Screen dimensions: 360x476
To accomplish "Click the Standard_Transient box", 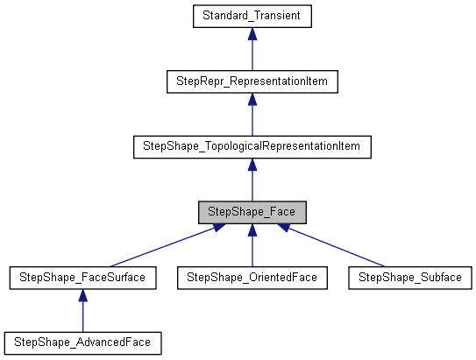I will (252, 16).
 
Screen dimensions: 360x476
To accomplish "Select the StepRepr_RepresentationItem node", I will (252, 81).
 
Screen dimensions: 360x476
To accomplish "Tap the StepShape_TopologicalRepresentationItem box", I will (252, 146).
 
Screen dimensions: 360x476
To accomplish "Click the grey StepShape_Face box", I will (252, 212).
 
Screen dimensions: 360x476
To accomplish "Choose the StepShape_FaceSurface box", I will (82, 278).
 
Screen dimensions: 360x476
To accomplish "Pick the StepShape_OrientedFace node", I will (252, 278).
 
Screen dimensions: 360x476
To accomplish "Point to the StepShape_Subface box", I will (410, 278).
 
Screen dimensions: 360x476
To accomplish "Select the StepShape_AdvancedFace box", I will (82, 342).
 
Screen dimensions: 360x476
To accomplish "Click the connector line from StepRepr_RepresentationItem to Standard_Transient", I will (252, 54).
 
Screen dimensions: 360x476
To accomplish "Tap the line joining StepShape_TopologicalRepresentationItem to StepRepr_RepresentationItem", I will (252, 120).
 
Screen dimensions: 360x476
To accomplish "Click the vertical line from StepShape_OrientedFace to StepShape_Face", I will (252, 251).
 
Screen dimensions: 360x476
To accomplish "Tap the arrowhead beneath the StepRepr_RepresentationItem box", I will (252, 99).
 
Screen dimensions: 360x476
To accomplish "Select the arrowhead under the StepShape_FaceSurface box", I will (82, 295).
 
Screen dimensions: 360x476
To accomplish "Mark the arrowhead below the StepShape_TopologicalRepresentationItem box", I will (252, 164).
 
